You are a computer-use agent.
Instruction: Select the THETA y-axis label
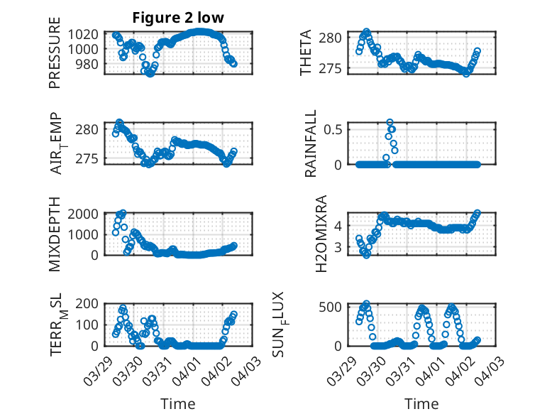[306, 53]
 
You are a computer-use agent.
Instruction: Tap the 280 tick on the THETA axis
[335, 37]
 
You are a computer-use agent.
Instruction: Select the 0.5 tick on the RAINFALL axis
[335, 129]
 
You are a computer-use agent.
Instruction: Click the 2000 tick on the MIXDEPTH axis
[83, 214]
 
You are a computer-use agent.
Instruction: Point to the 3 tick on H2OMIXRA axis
[340, 247]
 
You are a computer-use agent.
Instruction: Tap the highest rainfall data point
[390, 123]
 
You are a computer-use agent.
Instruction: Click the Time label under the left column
[178, 404]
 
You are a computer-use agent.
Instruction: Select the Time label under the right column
[421, 404]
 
